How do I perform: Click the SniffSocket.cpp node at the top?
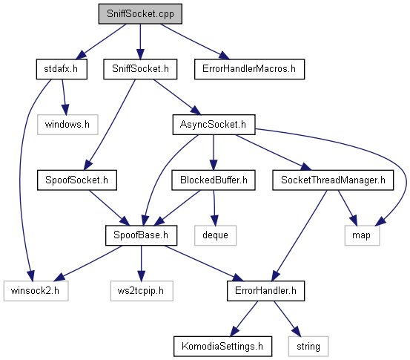140,14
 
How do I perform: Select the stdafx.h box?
62,69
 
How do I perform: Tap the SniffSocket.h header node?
140,69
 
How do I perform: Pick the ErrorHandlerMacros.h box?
249,69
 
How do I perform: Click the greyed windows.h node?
67,125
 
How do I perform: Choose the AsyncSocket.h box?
214,125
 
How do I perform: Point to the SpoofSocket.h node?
77,180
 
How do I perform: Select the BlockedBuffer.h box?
214,180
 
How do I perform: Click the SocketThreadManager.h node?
333,180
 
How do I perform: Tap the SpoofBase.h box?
141,235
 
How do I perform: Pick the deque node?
215,235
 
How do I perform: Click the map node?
362,235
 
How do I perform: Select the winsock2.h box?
36,291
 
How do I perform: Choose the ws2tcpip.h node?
142,291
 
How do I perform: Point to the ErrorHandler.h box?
265,291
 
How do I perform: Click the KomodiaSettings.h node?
222,347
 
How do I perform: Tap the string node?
308,347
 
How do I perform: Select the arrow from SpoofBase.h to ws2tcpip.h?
141,263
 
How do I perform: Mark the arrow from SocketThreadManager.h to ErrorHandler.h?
300,235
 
